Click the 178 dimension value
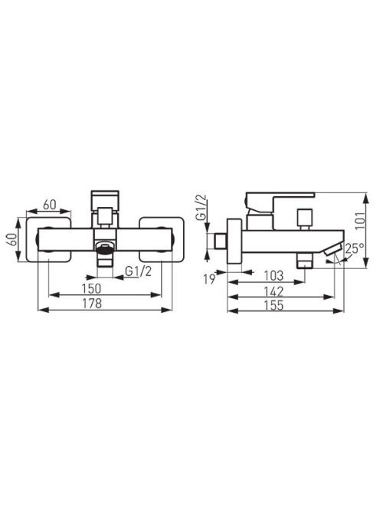click(x=92, y=304)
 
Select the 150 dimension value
click(x=91, y=288)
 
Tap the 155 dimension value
click(x=274, y=305)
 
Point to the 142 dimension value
click(x=274, y=291)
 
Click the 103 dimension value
click(x=274, y=276)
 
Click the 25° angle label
click(x=354, y=248)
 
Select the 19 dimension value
click(x=209, y=279)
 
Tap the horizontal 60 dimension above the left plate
click(x=50, y=205)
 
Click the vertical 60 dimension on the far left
click(x=12, y=240)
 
